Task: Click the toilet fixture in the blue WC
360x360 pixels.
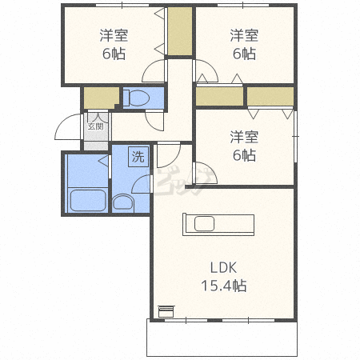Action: click(x=137, y=98)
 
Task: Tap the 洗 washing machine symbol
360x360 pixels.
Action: click(x=138, y=157)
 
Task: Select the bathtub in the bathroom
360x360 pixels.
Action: click(x=88, y=200)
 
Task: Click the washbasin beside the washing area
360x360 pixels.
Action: click(x=122, y=203)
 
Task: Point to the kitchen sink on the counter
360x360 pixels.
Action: click(x=204, y=224)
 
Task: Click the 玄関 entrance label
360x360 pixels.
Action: click(x=96, y=126)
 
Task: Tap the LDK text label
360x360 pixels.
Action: click(x=223, y=268)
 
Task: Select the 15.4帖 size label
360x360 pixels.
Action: click(x=223, y=286)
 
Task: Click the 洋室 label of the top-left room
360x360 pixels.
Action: click(x=114, y=35)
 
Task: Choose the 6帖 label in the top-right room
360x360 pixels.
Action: click(x=244, y=54)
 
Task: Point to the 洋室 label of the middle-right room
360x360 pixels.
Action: click(x=244, y=137)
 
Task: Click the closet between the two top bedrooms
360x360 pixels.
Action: click(x=180, y=31)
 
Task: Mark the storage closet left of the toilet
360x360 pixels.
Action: click(x=102, y=98)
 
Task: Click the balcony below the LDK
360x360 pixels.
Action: click(x=222, y=338)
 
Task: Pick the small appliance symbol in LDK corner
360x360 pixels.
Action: click(x=166, y=311)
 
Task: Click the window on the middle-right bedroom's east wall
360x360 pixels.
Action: click(x=295, y=136)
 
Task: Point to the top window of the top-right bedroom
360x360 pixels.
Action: click(x=243, y=5)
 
